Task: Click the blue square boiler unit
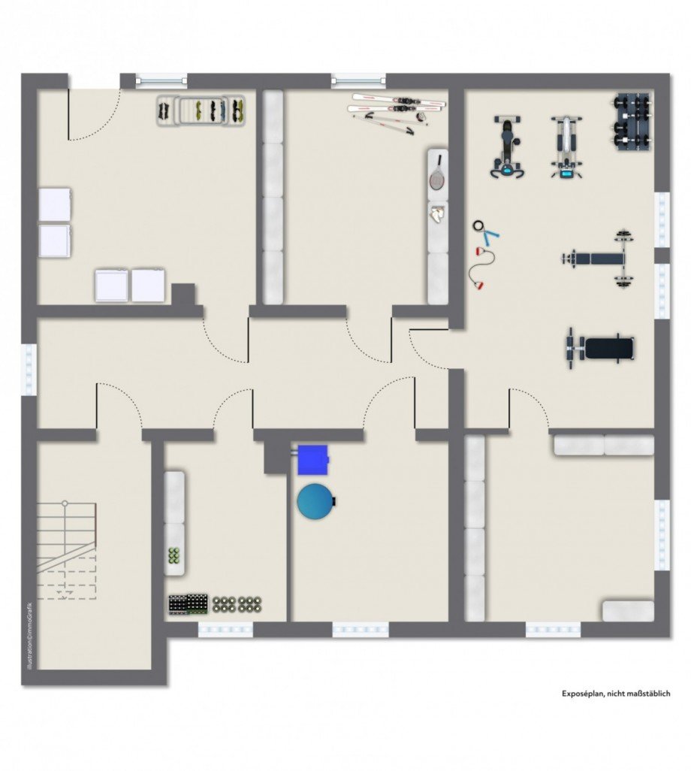[x=313, y=460]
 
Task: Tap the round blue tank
[x=315, y=500]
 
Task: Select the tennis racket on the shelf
[x=437, y=173]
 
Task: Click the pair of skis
[x=397, y=103]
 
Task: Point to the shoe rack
[x=201, y=110]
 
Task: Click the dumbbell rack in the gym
[x=632, y=122]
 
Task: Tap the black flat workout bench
[x=600, y=348]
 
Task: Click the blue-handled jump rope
[x=485, y=233]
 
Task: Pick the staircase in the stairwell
[x=66, y=551]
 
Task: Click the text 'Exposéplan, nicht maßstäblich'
[x=616, y=694]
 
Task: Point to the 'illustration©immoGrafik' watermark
[x=30, y=634]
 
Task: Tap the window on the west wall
[x=29, y=370]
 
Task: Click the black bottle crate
[x=188, y=604]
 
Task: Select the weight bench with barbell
[x=599, y=259]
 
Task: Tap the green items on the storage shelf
[x=174, y=555]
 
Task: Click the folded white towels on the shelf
[x=437, y=214]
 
